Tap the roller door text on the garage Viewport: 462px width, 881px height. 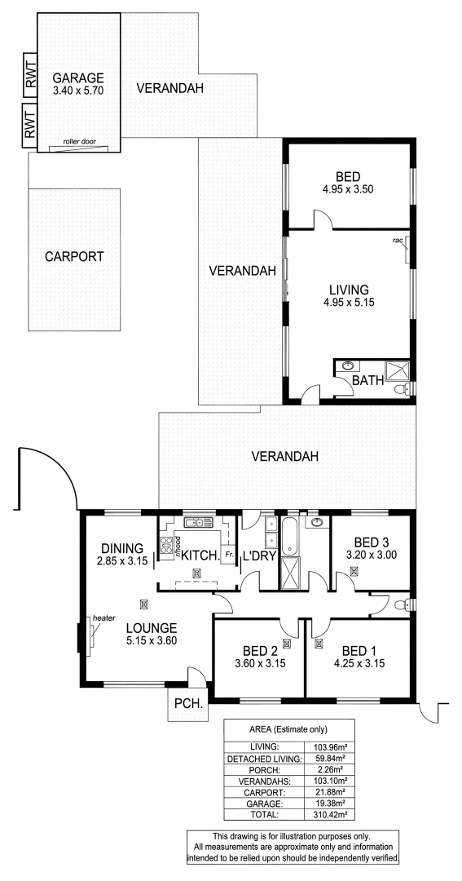coord(79,141)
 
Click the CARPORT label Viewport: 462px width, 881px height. coord(74,255)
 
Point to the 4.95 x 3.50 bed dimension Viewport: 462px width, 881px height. coord(349,189)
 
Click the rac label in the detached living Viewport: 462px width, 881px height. coord(398,240)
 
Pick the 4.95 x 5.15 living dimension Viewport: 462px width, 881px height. coord(349,303)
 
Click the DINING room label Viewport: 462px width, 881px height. coord(122,548)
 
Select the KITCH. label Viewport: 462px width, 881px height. coord(200,556)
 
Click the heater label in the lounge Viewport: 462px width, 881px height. coord(105,618)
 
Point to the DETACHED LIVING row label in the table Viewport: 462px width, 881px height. coord(265,758)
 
